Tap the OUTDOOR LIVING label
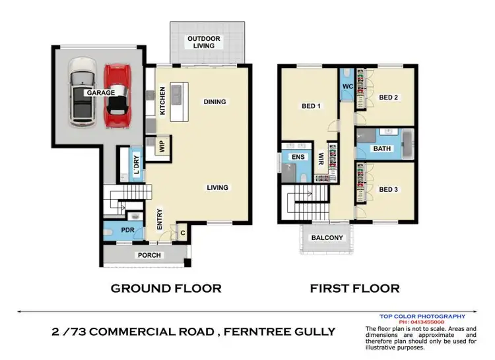tap(204, 43)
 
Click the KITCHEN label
tap(162, 102)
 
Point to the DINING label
tap(214, 102)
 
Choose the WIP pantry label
tap(160, 145)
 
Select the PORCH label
tap(149, 255)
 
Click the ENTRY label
tap(160, 220)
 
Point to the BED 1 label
tap(312, 105)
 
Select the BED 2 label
tap(389, 98)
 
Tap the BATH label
tap(382, 148)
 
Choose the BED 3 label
tap(389, 189)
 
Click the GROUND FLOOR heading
tap(166, 288)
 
